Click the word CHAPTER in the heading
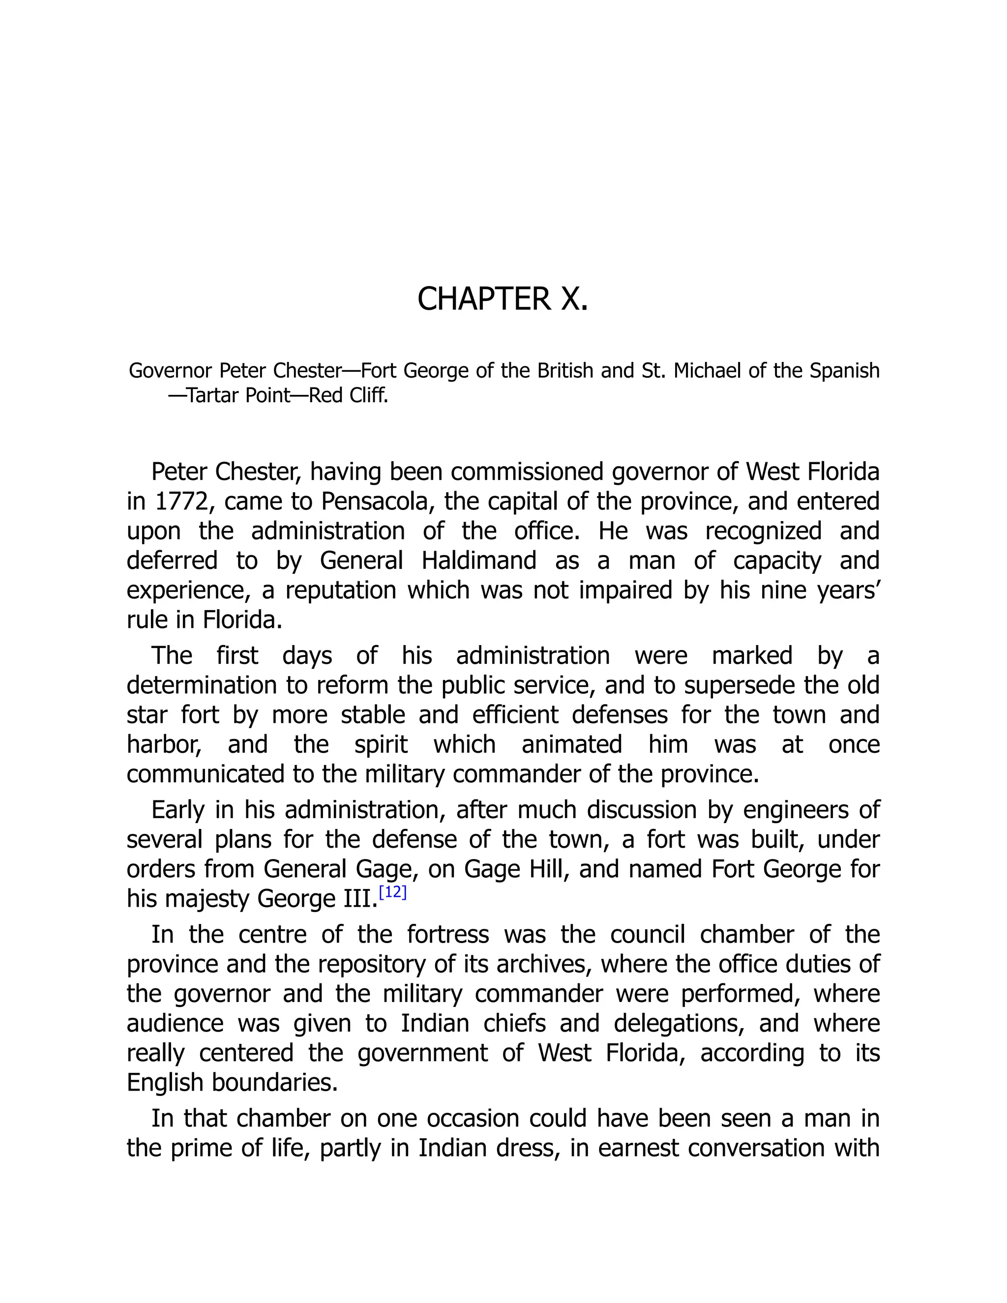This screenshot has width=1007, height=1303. pos(484,299)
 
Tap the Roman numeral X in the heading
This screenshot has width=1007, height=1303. pos(574,299)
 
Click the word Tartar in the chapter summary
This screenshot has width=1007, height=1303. pos(213,395)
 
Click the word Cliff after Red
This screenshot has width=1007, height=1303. pos(368,395)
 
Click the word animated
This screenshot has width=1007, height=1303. pos(571,744)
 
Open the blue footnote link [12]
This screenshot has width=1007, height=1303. pos(392,892)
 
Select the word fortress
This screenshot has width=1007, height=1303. pos(448,934)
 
